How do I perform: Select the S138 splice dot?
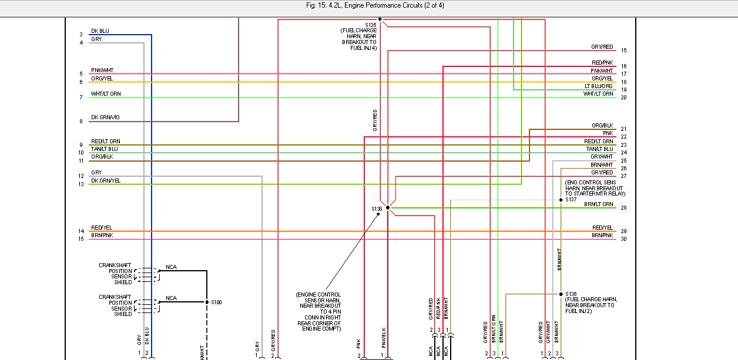pos(388,208)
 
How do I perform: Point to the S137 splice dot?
pos(561,200)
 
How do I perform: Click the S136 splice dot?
pos(561,294)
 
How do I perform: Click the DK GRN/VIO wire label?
pos(105,117)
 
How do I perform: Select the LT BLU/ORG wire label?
pos(599,86)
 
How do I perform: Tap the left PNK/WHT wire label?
pos(102,70)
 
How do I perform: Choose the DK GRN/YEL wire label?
pos(106,181)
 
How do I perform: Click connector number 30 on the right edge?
pos(623,238)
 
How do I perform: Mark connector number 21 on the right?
pos(623,129)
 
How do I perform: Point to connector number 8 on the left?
pos(81,122)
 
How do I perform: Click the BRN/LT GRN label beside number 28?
pos(598,204)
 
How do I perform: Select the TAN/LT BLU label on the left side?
pos(105,149)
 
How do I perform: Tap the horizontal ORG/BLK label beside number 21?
pos(602,126)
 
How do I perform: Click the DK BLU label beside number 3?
pos(100,31)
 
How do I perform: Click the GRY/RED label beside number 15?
pos(602,47)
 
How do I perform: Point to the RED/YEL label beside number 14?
pos(102,228)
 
